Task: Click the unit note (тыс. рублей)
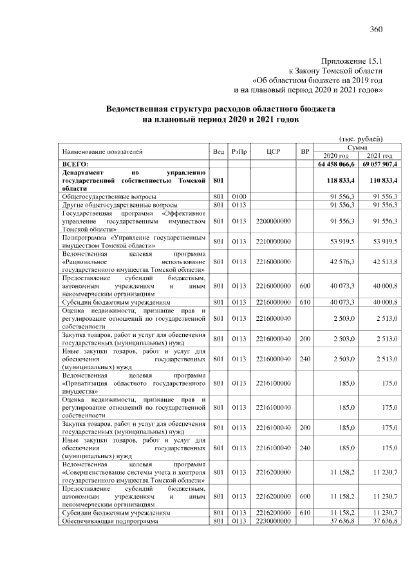[360, 139]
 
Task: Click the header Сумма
[357, 148]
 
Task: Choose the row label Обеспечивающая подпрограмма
[106, 521]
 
